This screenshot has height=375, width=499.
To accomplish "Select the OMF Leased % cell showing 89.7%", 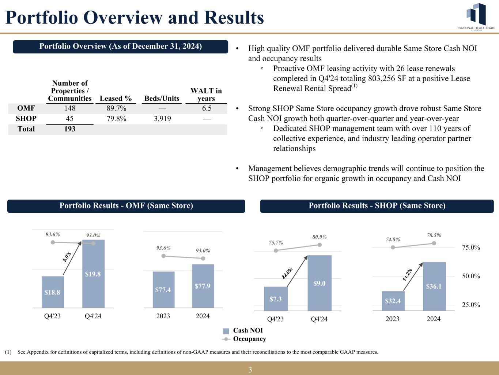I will point(116,108).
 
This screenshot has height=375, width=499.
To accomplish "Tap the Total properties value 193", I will point(70,129).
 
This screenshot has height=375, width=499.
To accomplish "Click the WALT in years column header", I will point(206,94).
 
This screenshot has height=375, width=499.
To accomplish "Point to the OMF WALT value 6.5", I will point(207,108).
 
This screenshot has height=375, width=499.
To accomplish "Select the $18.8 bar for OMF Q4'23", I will point(53,292).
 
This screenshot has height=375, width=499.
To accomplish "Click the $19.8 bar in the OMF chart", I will point(93,274).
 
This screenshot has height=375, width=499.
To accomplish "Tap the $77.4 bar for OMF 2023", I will point(163,290).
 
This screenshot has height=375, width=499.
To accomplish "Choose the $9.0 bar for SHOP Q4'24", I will point(320,283).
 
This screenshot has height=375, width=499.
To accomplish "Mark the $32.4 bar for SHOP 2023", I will point(393,301).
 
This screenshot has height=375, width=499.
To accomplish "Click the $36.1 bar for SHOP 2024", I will point(434,286).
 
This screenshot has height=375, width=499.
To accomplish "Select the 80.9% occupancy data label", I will point(320,237).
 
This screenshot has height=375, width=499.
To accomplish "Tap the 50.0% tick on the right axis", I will point(471,276).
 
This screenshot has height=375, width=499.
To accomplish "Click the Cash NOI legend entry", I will point(247,331).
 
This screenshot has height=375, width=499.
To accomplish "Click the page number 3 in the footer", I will point(250,370).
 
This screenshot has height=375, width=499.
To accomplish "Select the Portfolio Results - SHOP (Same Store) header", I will point(377,206).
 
